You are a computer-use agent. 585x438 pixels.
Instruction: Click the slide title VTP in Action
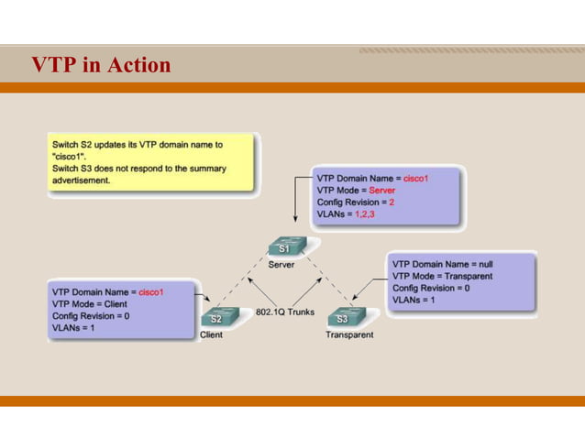(101, 65)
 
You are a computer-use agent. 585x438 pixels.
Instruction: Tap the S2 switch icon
(215, 318)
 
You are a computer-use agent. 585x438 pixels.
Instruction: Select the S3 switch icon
(342, 318)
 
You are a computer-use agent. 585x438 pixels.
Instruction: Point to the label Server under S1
(281, 265)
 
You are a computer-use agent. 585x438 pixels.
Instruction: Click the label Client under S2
(212, 334)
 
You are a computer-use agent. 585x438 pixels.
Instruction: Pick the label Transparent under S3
(349, 334)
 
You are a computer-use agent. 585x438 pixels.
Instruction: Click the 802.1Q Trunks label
(284, 312)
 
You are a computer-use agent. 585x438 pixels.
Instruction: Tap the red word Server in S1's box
(381, 191)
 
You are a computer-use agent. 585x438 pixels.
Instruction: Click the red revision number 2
(392, 203)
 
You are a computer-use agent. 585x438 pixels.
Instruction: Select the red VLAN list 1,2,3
(364, 214)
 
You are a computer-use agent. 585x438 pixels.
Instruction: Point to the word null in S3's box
(486, 264)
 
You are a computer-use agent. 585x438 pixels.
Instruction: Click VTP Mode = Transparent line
(442, 276)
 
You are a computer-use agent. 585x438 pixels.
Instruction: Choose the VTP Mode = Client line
(90, 303)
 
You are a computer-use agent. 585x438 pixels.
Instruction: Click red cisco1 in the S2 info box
(150, 291)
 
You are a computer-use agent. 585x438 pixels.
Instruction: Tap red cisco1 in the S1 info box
(415, 179)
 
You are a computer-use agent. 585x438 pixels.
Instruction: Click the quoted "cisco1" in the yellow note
(68, 157)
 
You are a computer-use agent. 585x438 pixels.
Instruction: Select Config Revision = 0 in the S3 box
(431, 288)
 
